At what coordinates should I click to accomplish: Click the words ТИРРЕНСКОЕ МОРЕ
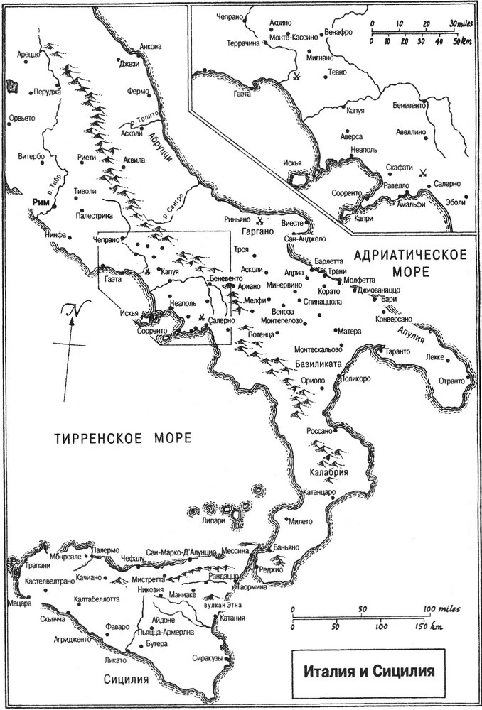122,437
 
